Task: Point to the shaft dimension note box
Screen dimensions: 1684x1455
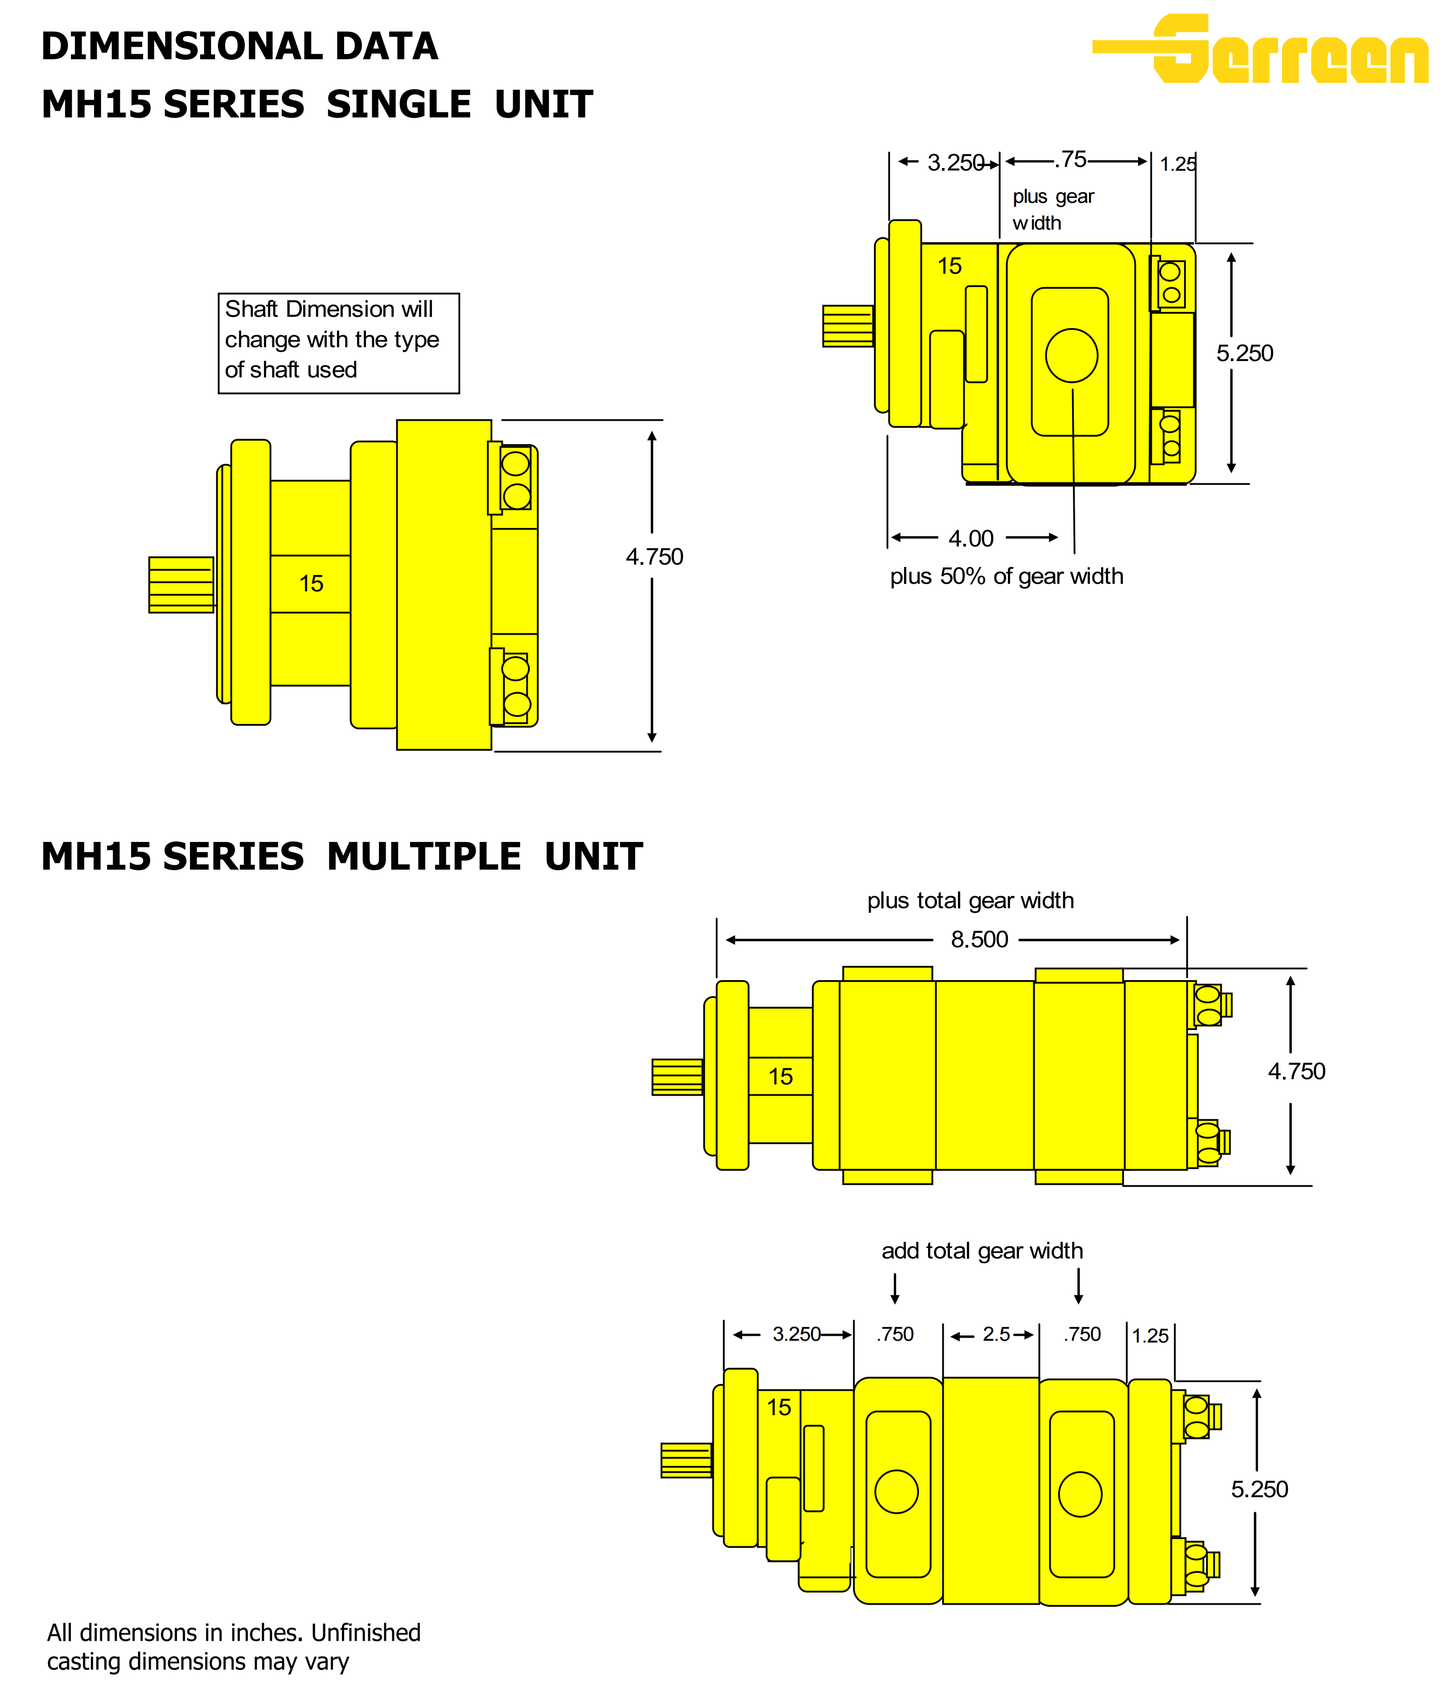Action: click(x=338, y=343)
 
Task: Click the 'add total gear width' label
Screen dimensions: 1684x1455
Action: click(x=982, y=1251)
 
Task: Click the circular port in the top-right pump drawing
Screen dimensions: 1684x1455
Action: click(x=1071, y=355)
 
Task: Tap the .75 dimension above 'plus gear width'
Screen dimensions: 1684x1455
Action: click(x=1071, y=160)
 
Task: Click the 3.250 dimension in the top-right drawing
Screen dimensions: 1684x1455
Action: click(x=955, y=163)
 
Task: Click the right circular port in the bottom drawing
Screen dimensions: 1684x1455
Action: click(x=1080, y=1494)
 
